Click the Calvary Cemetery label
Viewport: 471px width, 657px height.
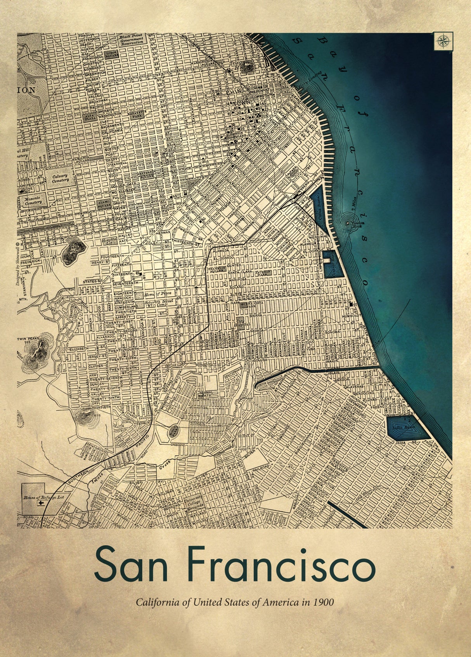point(60,178)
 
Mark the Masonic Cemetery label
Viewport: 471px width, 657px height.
point(33,200)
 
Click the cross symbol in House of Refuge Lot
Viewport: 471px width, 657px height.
point(40,503)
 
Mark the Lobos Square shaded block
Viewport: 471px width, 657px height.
point(102,53)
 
